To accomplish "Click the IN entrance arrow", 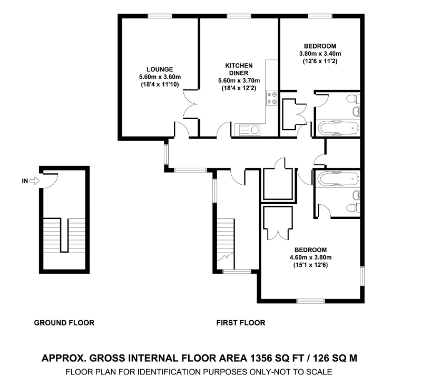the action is pyautogui.click(x=34, y=181).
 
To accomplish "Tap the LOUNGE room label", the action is pyautogui.click(x=160, y=69).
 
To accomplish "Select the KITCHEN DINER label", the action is pyautogui.click(x=239, y=69).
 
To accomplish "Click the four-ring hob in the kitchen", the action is pyautogui.click(x=272, y=98).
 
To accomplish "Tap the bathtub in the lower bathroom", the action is pyautogui.click(x=338, y=178).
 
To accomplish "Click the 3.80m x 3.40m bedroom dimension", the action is pyautogui.click(x=320, y=54).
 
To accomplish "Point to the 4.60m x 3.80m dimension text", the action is pyautogui.click(x=310, y=258).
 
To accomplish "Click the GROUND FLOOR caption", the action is pyautogui.click(x=64, y=323).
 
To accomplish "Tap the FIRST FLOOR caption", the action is pyautogui.click(x=241, y=323).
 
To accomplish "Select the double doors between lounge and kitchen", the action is pyautogui.click(x=191, y=104).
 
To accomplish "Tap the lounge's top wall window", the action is pyautogui.click(x=160, y=16).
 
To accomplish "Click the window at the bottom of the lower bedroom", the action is pyautogui.click(x=311, y=301).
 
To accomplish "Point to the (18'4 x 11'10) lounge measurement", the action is pyautogui.click(x=160, y=84).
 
